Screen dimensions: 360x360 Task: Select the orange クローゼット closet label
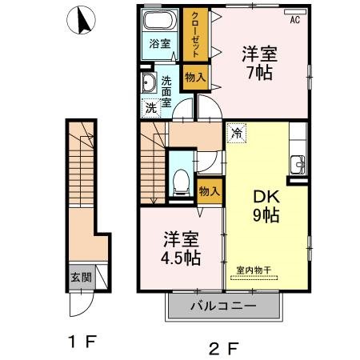193,38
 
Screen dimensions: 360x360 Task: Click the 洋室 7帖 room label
261,62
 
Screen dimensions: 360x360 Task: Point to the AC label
294,19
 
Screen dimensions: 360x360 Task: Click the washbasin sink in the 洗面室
148,82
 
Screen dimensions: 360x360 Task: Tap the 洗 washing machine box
150,106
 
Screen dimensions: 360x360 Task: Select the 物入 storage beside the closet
194,78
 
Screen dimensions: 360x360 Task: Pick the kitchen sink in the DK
298,162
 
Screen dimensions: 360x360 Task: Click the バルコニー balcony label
223,306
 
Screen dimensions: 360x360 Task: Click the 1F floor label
82,342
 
